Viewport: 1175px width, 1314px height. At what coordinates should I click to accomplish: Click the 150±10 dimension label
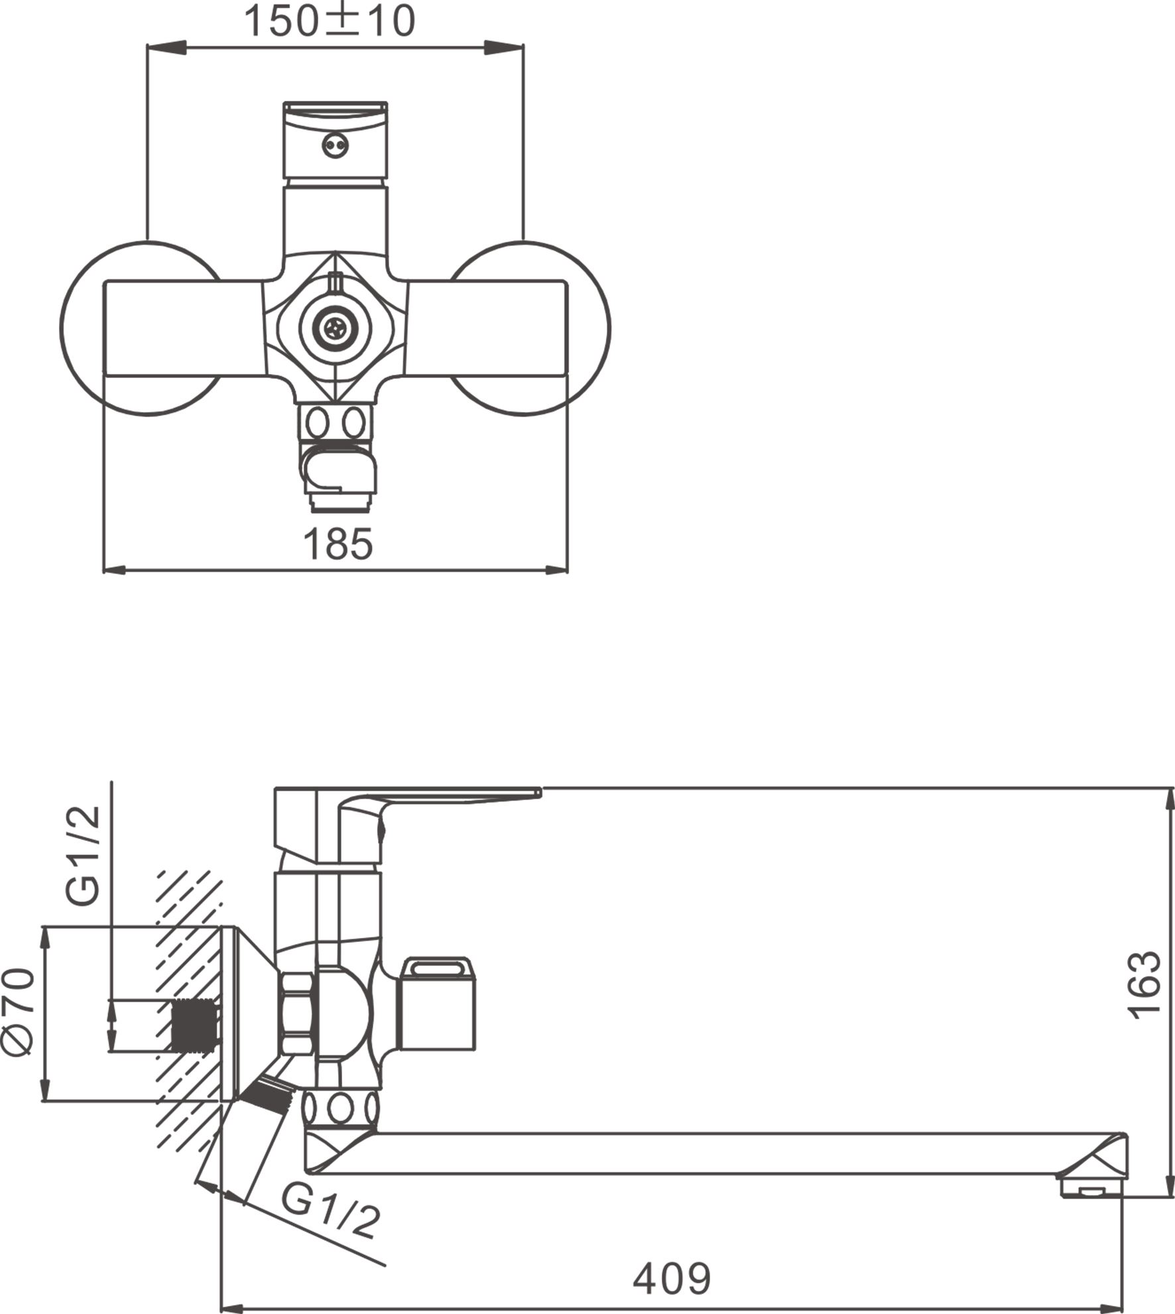330,21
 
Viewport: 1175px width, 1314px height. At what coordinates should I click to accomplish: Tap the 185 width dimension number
338,545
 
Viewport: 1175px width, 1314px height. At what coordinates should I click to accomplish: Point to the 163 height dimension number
1144,986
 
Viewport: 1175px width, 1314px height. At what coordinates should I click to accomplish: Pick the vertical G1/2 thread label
84,855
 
